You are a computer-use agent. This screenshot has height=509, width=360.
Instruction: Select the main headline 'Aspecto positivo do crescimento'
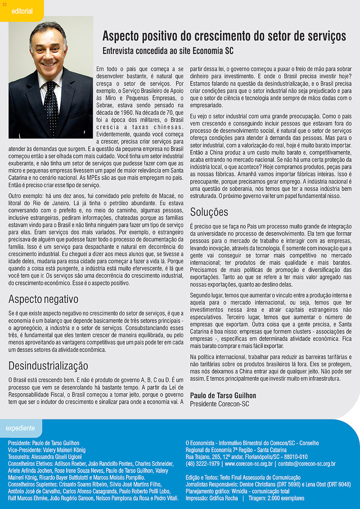pyautogui.click(x=224, y=36)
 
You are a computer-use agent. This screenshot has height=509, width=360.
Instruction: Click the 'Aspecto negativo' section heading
pyautogui.click(x=43, y=299)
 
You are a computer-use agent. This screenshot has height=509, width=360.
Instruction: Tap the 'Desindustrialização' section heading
pyautogui.click(x=48, y=365)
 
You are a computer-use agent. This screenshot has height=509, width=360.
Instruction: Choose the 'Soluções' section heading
pyautogui.click(x=209, y=212)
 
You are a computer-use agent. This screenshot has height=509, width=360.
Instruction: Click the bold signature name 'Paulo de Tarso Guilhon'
pyautogui.click(x=223, y=396)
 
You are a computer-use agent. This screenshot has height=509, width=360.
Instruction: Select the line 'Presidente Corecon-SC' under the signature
pyautogui.click(x=219, y=404)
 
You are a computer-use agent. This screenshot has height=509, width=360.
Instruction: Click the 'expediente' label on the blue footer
pyautogui.click(x=20, y=428)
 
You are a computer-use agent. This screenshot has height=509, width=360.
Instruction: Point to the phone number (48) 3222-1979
pyautogui.click(x=202, y=464)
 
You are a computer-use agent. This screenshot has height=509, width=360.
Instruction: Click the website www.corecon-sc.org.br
pyautogui.click(x=249, y=464)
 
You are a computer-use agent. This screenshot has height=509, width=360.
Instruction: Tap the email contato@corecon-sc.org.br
pyautogui.click(x=306, y=464)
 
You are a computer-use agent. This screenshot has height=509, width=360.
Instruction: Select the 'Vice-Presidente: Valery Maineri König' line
pyautogui.click(x=47, y=450)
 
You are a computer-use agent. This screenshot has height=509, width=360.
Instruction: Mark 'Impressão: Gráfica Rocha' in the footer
pyautogui.click(x=211, y=498)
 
